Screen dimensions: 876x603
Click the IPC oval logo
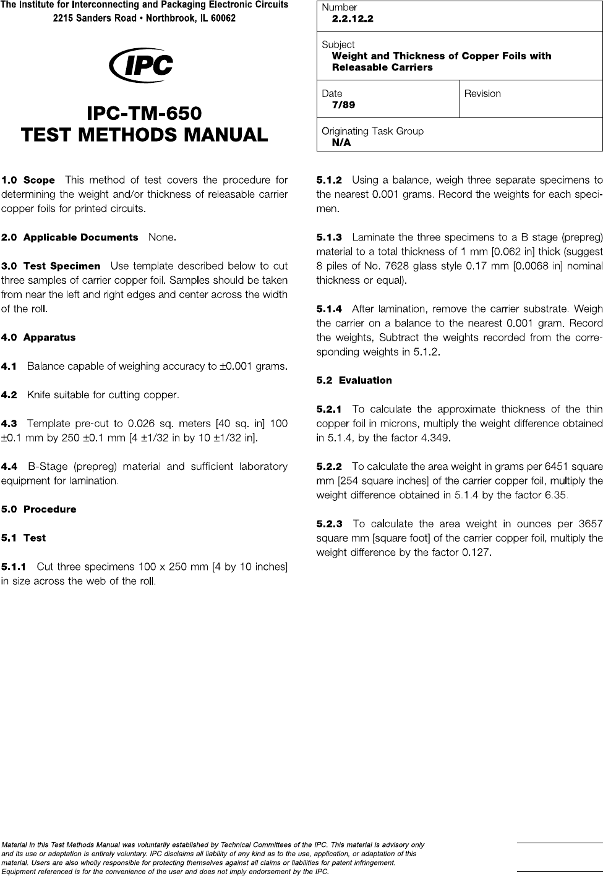pos(140,65)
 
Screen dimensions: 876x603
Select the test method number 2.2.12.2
pos(353,19)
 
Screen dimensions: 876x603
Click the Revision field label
pos(482,94)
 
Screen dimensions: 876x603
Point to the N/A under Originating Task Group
pos(341,142)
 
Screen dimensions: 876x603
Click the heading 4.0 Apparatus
pos(38,338)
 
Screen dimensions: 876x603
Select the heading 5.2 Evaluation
pos(354,380)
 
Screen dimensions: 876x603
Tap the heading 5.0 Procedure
pos(38,509)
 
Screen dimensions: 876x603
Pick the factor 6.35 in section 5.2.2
pos(555,495)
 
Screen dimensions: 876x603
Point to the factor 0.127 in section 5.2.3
pos(477,552)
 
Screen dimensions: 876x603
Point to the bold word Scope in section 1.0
pos(39,181)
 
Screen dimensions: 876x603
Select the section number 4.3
pos(9,423)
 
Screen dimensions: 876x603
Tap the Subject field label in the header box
pos(338,45)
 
